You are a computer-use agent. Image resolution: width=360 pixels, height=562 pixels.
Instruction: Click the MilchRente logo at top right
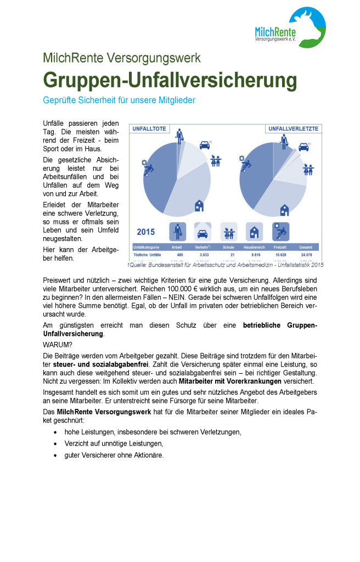tap(290, 29)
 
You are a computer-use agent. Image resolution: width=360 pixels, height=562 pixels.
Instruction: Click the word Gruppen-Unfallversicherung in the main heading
tap(170, 80)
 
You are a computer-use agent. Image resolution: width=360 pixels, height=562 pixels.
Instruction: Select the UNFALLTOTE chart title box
tap(149, 129)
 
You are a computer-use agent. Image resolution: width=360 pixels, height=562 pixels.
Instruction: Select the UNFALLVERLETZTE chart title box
tap(292, 129)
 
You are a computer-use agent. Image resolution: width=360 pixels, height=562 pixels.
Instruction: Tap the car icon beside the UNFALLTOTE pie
tap(204, 145)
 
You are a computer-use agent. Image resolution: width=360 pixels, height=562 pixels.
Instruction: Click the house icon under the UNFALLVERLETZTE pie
tap(284, 210)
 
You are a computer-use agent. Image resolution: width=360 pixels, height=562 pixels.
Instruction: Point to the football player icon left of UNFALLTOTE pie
tap(147, 168)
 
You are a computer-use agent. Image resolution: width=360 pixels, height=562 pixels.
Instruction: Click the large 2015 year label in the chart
tap(146, 232)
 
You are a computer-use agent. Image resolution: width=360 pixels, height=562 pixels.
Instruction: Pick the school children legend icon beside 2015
tap(228, 231)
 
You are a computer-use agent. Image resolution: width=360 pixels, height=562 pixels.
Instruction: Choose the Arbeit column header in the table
tap(177, 248)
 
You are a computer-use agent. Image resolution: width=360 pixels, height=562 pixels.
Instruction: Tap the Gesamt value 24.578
tap(306, 255)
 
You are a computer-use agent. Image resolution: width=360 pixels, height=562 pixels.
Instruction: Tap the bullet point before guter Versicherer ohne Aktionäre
tap(56, 455)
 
